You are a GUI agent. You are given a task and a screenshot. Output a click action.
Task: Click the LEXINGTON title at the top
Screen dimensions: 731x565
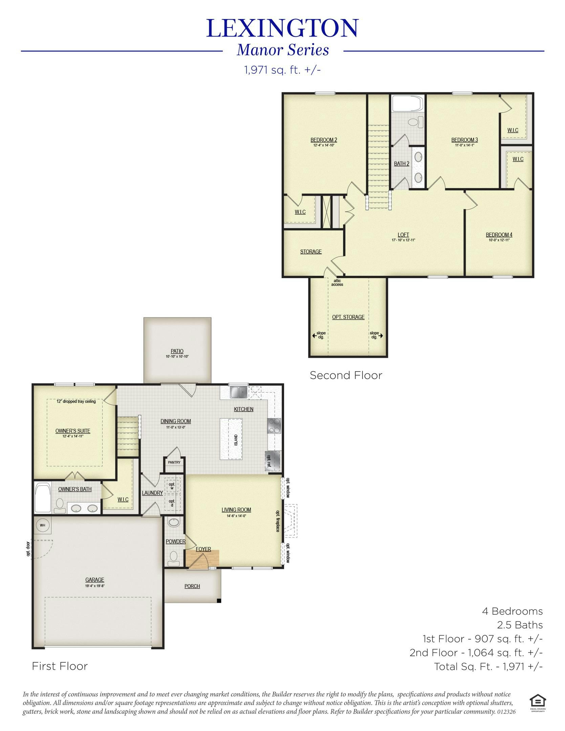click(282, 28)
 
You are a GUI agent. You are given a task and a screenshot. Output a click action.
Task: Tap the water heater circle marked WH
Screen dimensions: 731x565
click(43, 525)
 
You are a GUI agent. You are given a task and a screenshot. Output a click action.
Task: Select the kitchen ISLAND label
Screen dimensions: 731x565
click(236, 440)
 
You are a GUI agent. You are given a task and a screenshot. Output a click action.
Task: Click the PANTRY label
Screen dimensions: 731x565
click(174, 462)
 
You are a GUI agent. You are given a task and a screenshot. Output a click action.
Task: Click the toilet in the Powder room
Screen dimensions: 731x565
click(174, 558)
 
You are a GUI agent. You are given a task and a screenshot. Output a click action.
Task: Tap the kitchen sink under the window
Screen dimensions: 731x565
click(238, 392)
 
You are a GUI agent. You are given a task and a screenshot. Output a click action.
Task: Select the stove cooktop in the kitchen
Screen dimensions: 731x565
click(274, 426)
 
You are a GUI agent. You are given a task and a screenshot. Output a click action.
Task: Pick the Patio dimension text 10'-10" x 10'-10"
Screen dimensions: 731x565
click(177, 357)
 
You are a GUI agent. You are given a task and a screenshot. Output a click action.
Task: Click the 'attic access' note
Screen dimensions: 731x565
click(337, 283)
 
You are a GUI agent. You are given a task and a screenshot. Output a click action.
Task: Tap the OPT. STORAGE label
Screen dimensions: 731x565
click(348, 317)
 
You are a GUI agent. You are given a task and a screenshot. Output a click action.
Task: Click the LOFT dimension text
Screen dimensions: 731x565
click(403, 240)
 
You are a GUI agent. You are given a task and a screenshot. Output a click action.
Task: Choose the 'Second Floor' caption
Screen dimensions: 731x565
click(346, 375)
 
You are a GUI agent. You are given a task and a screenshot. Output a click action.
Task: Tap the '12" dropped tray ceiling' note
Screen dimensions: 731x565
click(76, 401)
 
